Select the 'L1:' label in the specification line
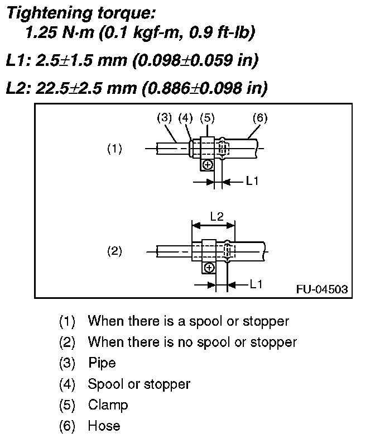point(19,60)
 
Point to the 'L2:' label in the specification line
point(19,88)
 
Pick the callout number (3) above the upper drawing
point(164,118)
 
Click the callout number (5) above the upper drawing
point(206,118)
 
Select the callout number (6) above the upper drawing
point(260,118)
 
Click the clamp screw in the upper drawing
point(207,164)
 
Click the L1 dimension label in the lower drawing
point(256,284)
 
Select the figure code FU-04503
point(323,289)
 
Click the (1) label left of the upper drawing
point(114,149)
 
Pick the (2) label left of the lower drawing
point(114,250)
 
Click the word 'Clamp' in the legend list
point(108,404)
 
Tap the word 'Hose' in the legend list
point(104,426)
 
